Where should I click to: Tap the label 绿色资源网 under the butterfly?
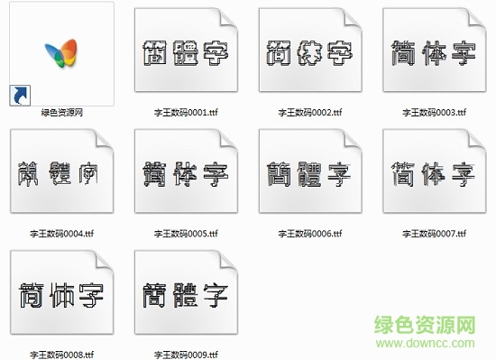tap(62, 113)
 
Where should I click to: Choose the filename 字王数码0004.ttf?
tap(62, 234)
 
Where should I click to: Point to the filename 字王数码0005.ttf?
tap(185, 234)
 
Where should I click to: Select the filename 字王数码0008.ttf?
tap(62, 354)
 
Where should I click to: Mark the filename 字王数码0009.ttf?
tap(185, 354)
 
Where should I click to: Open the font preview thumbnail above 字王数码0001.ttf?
tap(185, 53)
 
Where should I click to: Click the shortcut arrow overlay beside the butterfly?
tap(18, 94)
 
